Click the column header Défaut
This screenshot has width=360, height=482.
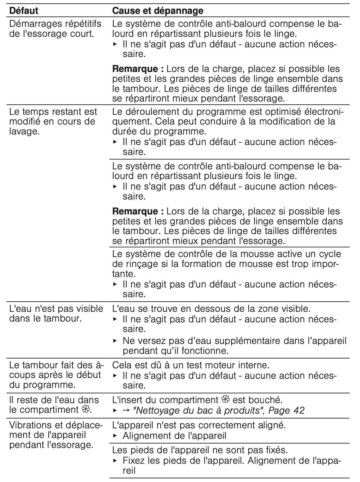pyautogui.click(x=24, y=11)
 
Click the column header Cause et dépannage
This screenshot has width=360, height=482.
pyautogui.click(x=158, y=11)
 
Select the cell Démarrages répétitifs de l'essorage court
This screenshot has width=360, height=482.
pyautogui.click(x=55, y=29)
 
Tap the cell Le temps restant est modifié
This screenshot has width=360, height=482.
pyautogui.click(x=53, y=121)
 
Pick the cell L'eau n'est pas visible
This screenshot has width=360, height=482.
pyautogui.click(x=56, y=313)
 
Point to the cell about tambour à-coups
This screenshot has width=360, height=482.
pyautogui.click(x=55, y=375)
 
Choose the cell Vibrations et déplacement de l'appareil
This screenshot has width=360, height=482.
pyautogui.click(x=55, y=435)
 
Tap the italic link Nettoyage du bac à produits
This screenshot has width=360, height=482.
pyautogui.click(x=196, y=410)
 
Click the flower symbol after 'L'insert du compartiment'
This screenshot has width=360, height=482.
pyautogui.click(x=226, y=400)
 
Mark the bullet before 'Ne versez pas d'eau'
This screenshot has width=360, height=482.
pyautogui.click(x=115, y=341)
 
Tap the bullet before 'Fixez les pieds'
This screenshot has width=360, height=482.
pyautogui.click(x=115, y=461)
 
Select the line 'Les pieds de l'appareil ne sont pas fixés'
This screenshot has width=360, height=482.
pyautogui.click(x=200, y=450)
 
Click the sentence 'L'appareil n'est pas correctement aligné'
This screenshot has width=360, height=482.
pyautogui.click(x=199, y=425)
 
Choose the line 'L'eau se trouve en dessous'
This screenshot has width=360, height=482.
pyautogui.click(x=211, y=309)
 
